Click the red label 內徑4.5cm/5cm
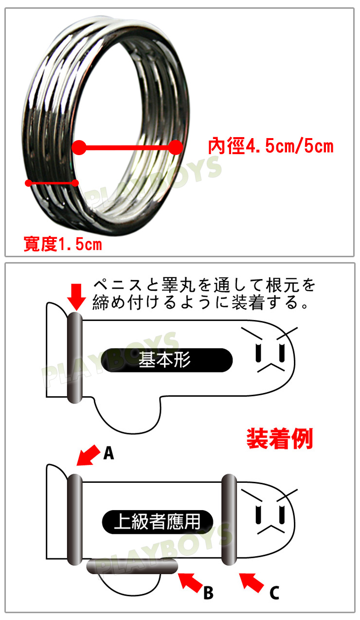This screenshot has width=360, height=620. click(271, 146)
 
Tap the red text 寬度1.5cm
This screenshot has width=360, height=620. click(63, 244)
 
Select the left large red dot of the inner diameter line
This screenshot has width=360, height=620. click(79, 147)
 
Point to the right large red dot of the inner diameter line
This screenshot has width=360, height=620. click(176, 147)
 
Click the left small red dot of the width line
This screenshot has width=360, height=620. click(28, 183)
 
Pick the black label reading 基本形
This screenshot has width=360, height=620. click(166, 360)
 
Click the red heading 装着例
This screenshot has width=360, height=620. click(280, 439)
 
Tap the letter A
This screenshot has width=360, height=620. click(108, 453)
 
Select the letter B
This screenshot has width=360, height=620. click(208, 593)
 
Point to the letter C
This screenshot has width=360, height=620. click(274, 593)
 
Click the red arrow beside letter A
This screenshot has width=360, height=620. click(89, 455)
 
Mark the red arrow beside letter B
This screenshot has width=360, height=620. click(191, 583)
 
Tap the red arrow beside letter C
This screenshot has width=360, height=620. click(252, 583)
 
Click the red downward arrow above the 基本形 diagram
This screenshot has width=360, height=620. click(77, 297)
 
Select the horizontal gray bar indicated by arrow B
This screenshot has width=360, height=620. click(132, 567)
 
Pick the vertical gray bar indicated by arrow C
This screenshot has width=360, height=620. click(229, 519)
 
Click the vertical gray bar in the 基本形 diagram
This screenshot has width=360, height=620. click(75, 357)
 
